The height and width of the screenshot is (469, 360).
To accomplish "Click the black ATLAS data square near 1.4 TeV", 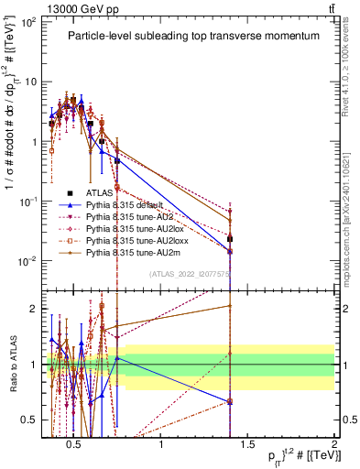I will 230,239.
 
